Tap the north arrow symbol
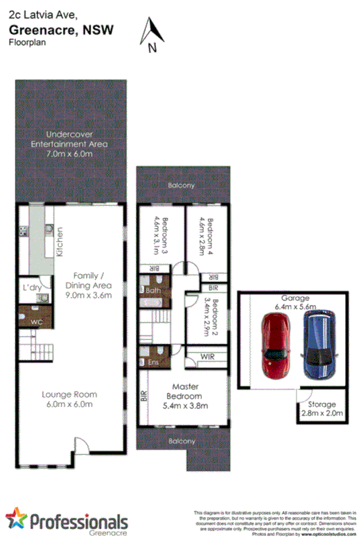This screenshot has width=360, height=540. tap(152, 34)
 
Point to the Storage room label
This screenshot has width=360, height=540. tap(322, 404)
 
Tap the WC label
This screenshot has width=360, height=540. tap(36, 322)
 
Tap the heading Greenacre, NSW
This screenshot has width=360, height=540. tap(61, 29)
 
